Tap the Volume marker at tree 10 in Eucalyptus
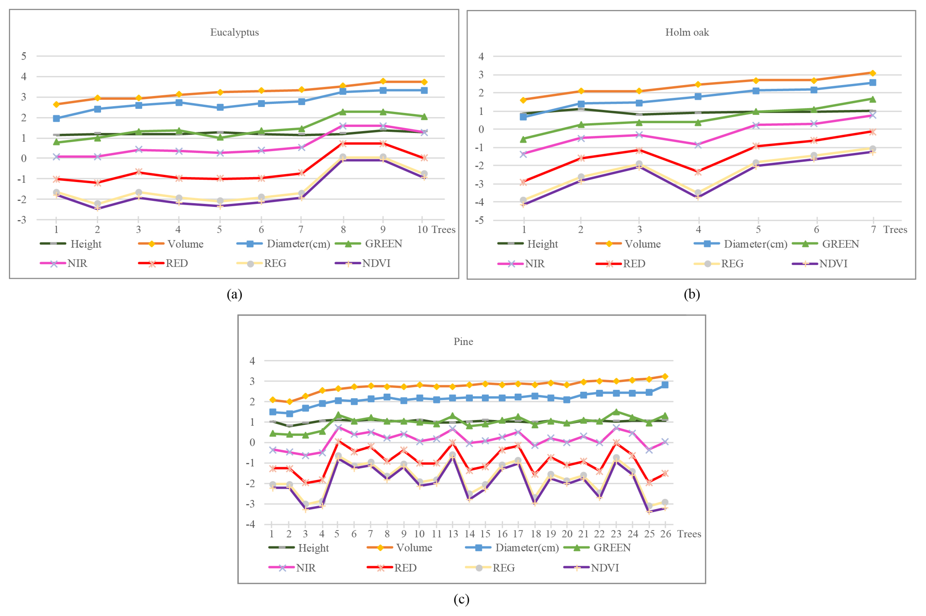(424, 82)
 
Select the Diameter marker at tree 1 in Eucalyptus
(56, 118)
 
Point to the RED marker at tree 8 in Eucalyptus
(343, 143)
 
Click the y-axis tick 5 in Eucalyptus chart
(24, 56)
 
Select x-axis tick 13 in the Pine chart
(453, 534)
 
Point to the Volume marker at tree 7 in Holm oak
(872, 73)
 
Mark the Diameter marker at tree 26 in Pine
(665, 385)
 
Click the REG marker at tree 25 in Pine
(649, 506)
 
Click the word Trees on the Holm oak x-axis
(895, 230)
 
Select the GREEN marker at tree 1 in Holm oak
(523, 139)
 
